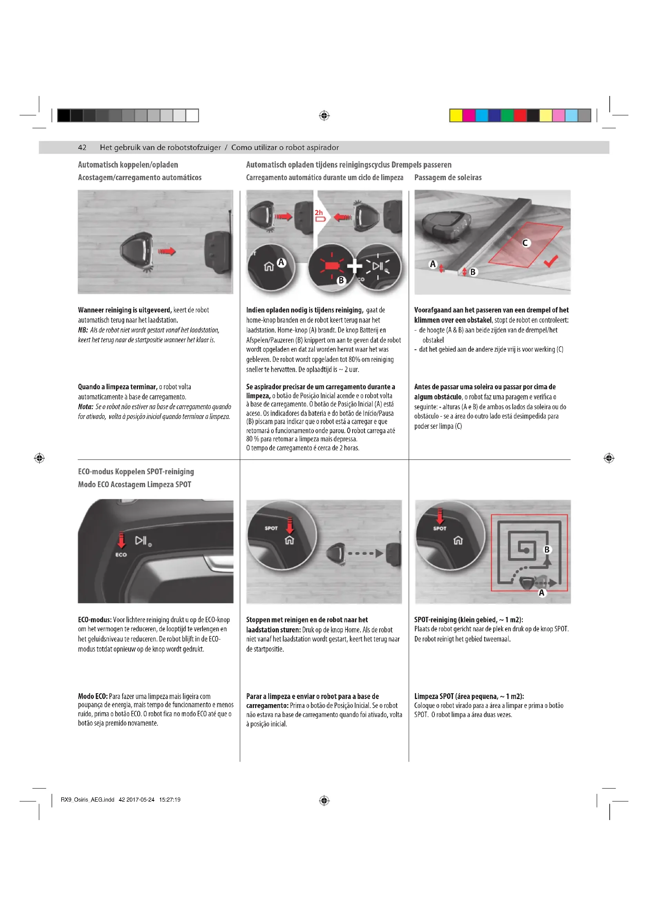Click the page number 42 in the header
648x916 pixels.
click(x=82, y=148)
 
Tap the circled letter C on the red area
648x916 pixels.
click(x=525, y=242)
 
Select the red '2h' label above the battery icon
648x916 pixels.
click(x=319, y=213)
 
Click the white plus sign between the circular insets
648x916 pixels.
click(x=354, y=266)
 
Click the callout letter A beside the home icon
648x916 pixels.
click(x=281, y=262)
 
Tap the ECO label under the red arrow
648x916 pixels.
click(x=121, y=555)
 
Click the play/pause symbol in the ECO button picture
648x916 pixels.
click(x=142, y=540)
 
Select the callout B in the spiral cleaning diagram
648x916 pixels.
click(x=547, y=549)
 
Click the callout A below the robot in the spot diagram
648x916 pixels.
click(x=541, y=593)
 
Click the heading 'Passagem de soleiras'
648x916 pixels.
click(x=448, y=177)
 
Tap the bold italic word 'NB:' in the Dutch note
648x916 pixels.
click(x=83, y=330)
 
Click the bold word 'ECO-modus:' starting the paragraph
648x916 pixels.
click(x=94, y=620)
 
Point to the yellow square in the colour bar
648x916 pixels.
click(x=456, y=115)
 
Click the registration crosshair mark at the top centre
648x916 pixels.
click(x=324, y=116)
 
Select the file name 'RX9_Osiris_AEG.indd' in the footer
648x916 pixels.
click(x=87, y=800)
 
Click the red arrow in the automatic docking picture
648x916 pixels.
click(x=167, y=251)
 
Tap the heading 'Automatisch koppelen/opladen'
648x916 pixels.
click(x=128, y=165)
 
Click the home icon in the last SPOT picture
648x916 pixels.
click(x=458, y=540)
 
